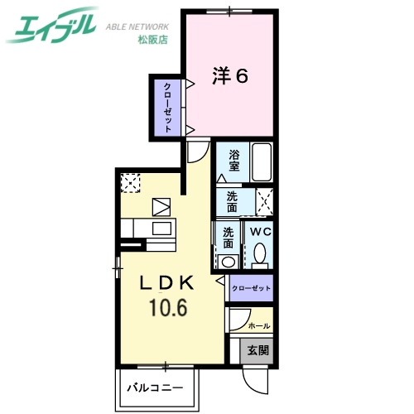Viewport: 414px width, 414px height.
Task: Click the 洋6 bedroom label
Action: [230, 76]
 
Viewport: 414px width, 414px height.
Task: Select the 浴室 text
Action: [235, 160]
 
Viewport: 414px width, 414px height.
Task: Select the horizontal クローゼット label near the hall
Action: [251, 288]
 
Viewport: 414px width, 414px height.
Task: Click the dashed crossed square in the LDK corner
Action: [131, 182]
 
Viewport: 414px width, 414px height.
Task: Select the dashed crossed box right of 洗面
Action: [265, 202]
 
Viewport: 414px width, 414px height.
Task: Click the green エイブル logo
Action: [52, 28]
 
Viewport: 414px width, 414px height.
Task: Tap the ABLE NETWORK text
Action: [138, 26]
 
